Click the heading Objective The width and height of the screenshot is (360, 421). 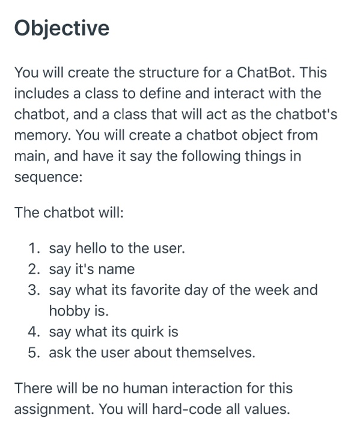62,28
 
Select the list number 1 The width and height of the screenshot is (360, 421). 34,247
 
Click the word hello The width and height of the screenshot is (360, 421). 88,247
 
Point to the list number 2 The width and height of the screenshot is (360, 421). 34,269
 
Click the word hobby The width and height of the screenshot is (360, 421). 67,311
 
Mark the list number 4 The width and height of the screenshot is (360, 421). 34,331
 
